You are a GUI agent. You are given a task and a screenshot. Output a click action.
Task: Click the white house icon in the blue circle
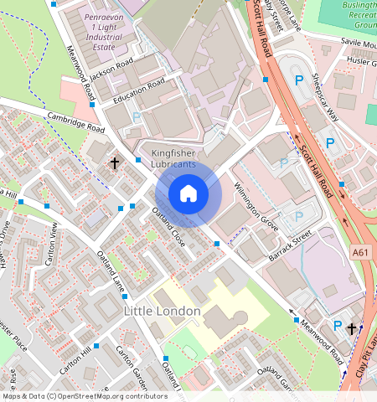[x=188, y=194]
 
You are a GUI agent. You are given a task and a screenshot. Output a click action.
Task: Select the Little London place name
[x=162, y=311]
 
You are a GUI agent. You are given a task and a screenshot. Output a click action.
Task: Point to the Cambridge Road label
[x=75, y=122]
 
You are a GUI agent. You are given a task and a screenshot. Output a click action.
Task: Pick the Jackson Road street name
[x=111, y=68]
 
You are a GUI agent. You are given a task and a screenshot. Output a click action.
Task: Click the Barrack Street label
[x=290, y=249]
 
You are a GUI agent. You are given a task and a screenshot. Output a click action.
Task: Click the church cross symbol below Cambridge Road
[x=114, y=163]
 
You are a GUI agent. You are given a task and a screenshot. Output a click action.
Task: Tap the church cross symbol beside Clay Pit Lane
[x=352, y=329]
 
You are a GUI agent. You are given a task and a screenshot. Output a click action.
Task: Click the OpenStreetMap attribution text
[x=84, y=396]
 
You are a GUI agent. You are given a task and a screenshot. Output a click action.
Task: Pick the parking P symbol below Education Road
[x=137, y=118]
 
